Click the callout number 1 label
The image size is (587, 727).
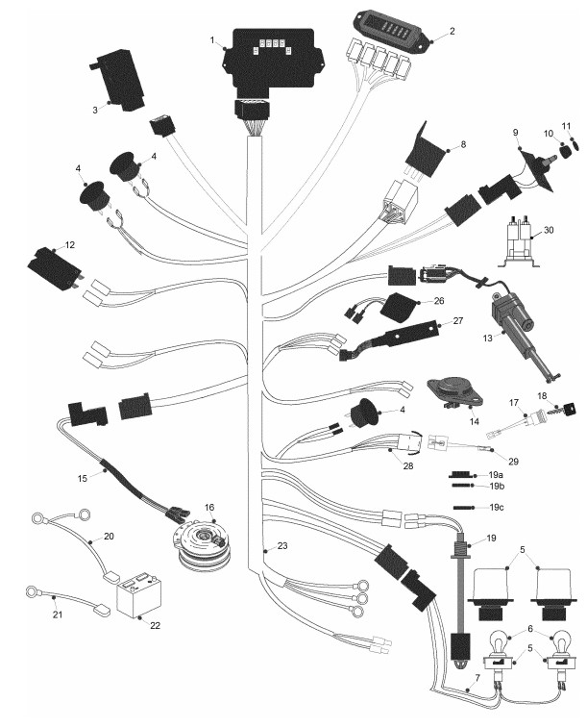(x=212, y=40)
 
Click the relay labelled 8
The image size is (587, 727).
(x=424, y=151)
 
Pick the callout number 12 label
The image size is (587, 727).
(x=69, y=245)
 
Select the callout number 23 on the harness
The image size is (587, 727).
(x=282, y=545)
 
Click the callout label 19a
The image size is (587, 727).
(x=496, y=475)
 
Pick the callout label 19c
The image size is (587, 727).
(x=496, y=507)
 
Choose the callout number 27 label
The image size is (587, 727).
(x=457, y=320)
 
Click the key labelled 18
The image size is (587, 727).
(x=563, y=409)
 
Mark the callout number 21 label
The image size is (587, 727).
(x=58, y=614)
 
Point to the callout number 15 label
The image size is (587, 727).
(x=82, y=478)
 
